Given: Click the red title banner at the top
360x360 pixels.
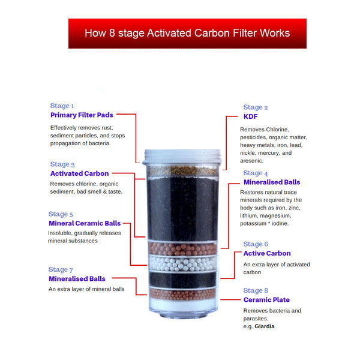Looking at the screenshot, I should pos(187,33).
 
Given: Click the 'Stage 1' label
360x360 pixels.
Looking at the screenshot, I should pos(62,106).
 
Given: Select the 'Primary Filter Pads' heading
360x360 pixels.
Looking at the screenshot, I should pos(82,115).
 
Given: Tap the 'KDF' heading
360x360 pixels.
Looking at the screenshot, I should pos(250,116).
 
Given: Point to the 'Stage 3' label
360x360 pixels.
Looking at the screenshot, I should pos(62,164).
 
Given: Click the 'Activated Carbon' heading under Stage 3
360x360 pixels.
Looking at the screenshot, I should pos(79,173).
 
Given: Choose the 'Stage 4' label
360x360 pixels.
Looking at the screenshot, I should pos(256,173).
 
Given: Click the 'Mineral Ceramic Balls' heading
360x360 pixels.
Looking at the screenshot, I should pos(85,223).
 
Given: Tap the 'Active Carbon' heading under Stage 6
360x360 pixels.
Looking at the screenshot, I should pos(266,253).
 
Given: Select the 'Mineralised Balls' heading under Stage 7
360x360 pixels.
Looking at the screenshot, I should pos(77,279).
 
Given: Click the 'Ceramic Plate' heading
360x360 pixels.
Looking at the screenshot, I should pos(266,299).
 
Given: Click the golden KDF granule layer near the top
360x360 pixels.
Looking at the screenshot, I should pos(183,171).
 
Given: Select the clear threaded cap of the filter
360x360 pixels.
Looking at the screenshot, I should pos(183,157).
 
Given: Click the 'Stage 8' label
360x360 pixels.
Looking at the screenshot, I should pos(256,290).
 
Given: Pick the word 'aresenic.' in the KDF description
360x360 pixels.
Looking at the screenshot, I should pos(251,161).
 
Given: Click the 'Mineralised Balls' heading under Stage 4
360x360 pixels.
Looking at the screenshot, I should pos(272,182).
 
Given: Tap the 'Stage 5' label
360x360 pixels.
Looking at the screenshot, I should pos(61,214).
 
